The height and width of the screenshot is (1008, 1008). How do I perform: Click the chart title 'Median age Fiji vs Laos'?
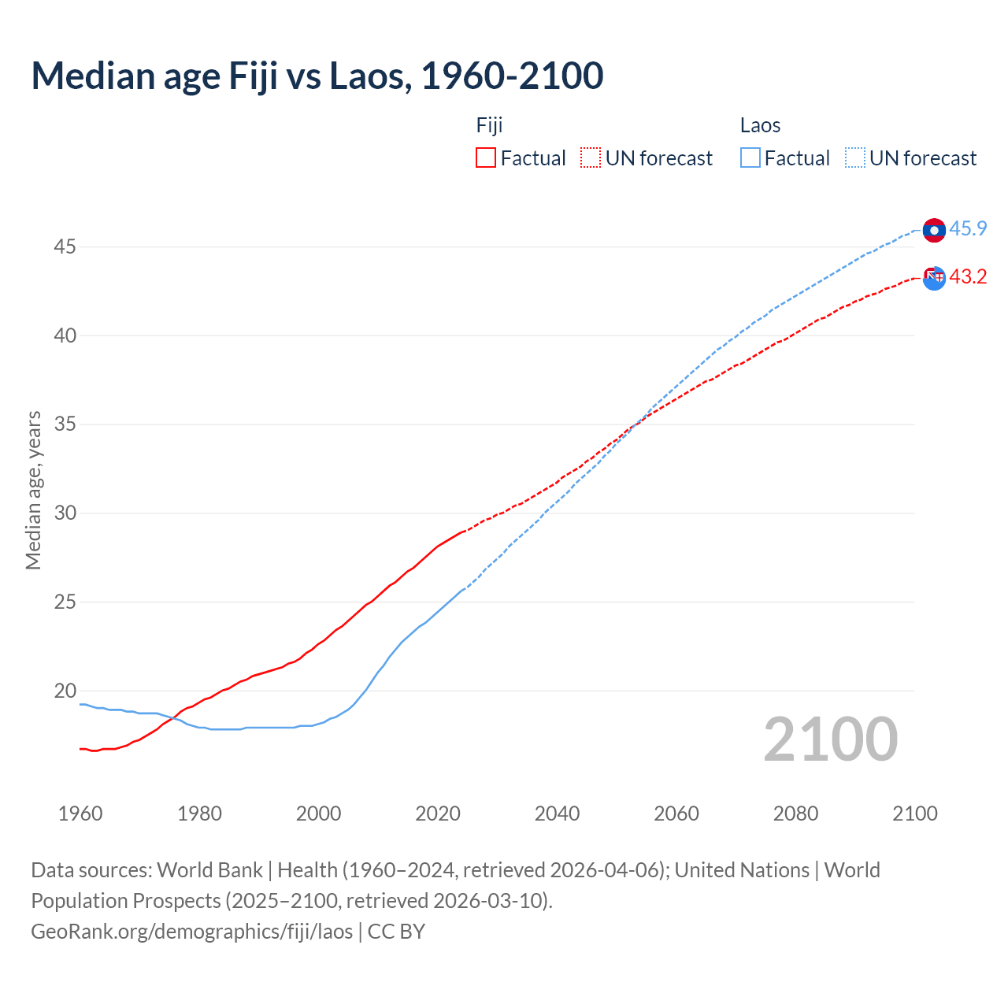click(x=317, y=76)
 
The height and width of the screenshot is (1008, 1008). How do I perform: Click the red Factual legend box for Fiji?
click(x=486, y=158)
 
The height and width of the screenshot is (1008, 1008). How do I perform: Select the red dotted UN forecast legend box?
click(x=591, y=158)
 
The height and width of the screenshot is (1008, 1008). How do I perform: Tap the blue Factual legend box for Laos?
click(x=750, y=158)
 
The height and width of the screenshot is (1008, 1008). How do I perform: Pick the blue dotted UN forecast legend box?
click(x=854, y=158)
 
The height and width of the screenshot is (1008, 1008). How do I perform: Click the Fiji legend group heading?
click(x=489, y=125)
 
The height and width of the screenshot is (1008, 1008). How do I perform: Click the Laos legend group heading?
click(x=760, y=125)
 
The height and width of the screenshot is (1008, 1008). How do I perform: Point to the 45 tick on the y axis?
click(x=65, y=247)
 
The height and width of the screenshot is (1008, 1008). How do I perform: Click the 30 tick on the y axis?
click(x=65, y=513)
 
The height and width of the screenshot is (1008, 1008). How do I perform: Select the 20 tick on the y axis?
click(x=65, y=691)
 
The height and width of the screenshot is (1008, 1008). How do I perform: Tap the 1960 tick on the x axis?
click(x=80, y=813)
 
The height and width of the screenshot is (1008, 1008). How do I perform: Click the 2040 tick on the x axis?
click(x=557, y=813)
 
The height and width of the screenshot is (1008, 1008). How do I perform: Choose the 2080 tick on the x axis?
click(x=795, y=813)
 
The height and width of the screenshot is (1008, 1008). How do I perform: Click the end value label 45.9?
click(x=968, y=229)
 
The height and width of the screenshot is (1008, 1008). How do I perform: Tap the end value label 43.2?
click(x=968, y=277)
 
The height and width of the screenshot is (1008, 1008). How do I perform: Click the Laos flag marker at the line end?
click(x=934, y=230)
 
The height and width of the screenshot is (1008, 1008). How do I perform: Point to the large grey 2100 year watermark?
click(x=830, y=739)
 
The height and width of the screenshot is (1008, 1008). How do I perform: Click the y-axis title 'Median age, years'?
click(x=33, y=490)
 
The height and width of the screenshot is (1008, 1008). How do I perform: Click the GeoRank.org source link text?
click(x=192, y=932)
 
